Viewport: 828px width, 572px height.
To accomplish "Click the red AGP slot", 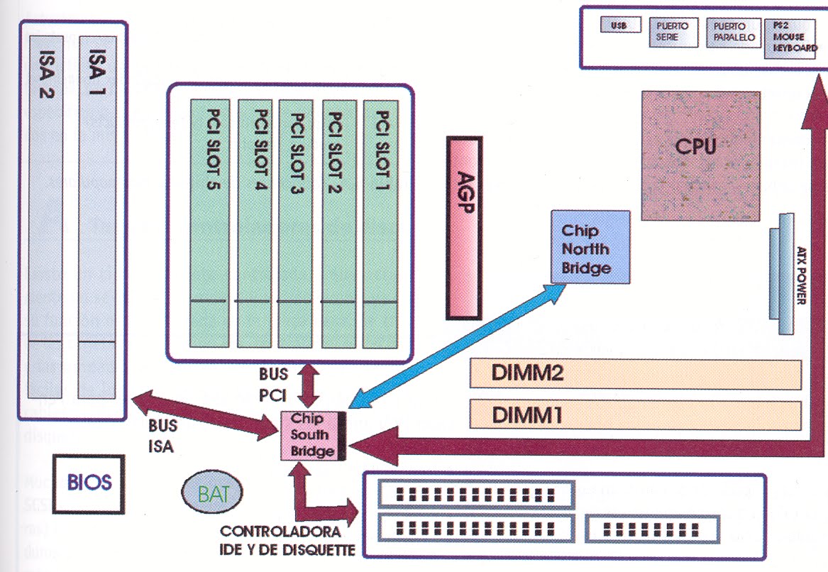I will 465,228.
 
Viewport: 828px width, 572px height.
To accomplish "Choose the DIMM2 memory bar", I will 635,373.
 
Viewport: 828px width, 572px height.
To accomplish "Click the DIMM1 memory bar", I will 635,414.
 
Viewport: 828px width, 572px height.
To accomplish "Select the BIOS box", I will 89,483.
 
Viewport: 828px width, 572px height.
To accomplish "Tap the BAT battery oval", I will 212,492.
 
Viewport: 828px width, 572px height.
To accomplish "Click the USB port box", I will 619,26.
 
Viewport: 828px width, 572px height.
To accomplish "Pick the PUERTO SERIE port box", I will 673,33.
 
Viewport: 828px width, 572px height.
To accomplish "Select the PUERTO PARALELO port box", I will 732,33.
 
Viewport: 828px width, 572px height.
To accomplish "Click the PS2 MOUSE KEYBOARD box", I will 790,38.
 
